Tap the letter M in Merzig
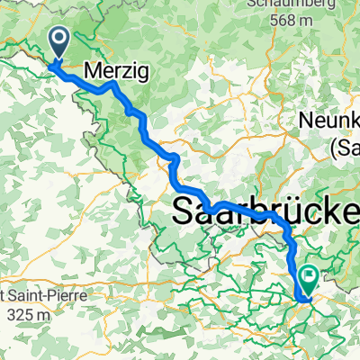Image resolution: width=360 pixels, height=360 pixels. (93, 69)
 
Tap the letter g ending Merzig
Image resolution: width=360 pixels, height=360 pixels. (141, 72)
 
